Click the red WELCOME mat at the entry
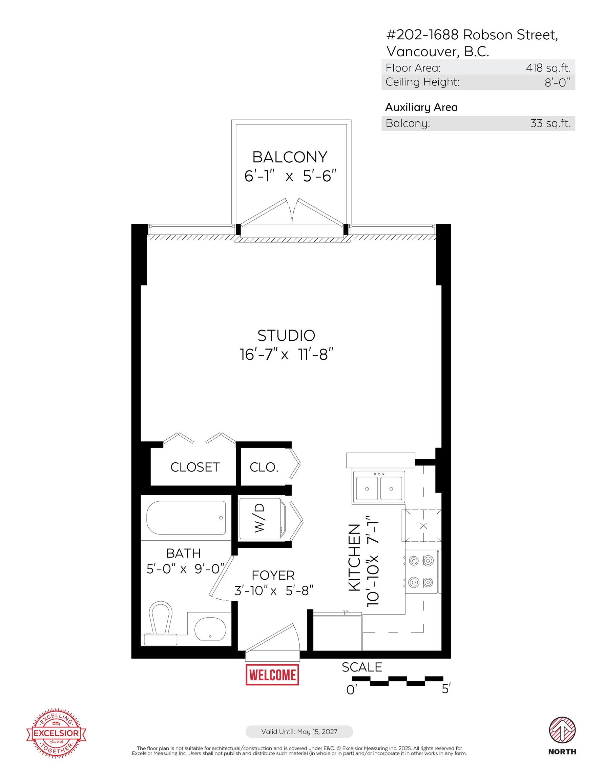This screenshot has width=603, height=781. [x=272, y=675]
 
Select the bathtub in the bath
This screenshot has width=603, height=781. [x=186, y=518]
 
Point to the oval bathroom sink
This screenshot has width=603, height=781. [x=210, y=629]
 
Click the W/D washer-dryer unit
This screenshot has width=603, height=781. [x=262, y=519]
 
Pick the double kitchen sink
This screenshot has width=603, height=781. [x=378, y=487]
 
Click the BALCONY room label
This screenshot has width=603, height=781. [x=290, y=157]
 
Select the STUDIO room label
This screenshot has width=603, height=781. [x=286, y=336]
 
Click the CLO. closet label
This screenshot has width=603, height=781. [x=264, y=467]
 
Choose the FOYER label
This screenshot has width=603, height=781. [x=273, y=575]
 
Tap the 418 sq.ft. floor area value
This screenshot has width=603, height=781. [x=548, y=67]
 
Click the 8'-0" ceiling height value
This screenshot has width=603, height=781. [x=557, y=83]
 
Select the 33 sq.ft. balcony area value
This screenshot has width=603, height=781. [x=550, y=123]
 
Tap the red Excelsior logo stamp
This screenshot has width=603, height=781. [x=56, y=733]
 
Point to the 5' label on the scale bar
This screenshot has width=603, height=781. [x=446, y=688]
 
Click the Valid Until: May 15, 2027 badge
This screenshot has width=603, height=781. [x=299, y=732]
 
